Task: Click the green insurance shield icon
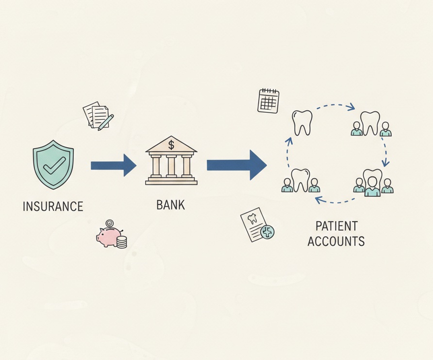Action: tap(53, 165)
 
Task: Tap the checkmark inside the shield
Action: tap(54, 165)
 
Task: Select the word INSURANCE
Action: tap(53, 206)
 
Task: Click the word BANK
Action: tap(171, 205)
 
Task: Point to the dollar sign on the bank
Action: tap(171, 145)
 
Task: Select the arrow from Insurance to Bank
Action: tap(114, 165)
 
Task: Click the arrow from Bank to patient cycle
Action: tap(237, 165)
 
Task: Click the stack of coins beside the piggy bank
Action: tap(121, 242)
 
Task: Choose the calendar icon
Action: tap(268, 101)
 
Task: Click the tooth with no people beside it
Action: tap(302, 123)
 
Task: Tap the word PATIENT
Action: tap(336, 226)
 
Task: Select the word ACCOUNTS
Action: tap(336, 241)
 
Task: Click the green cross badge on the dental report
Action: tap(267, 232)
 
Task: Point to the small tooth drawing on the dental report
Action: tap(252, 219)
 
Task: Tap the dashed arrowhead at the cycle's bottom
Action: tap(319, 200)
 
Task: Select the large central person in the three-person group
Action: tap(372, 186)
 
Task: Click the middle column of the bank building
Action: tap(171, 166)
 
